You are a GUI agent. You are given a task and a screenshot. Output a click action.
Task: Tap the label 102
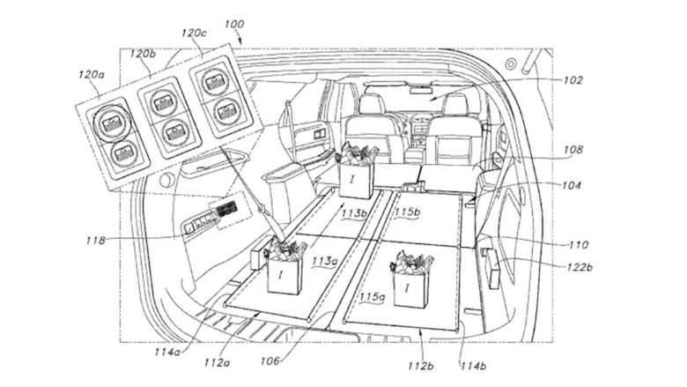click(572, 79)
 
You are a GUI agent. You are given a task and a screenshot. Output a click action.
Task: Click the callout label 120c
click(194, 33)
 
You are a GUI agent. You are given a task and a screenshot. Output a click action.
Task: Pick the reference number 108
click(572, 150)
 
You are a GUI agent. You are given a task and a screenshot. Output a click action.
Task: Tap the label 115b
click(407, 213)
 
